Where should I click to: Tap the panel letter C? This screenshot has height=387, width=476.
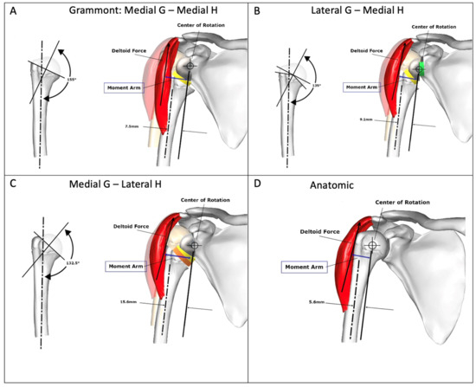pyautogui.click(x=9, y=184)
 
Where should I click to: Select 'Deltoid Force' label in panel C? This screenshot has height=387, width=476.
pyautogui.click(x=131, y=227)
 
